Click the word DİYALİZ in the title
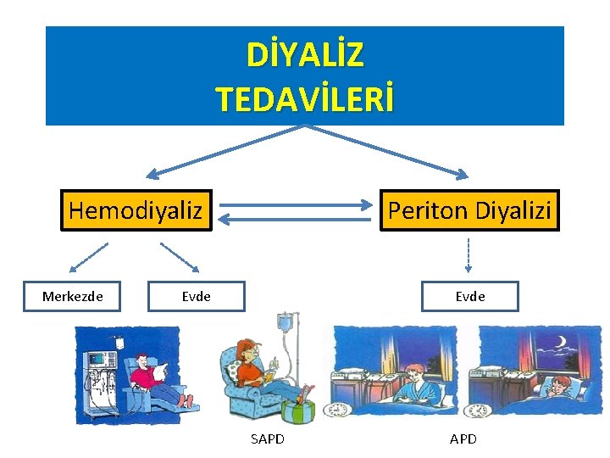[305, 55]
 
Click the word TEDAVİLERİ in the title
[305, 98]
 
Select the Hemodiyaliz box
[136, 209]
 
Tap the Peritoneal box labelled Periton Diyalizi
[469, 209]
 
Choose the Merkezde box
[72, 296]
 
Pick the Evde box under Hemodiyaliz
[196, 296]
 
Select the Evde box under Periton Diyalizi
[469, 296]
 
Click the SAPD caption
[268, 438]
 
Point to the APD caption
[463, 438]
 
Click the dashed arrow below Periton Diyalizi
[469, 255]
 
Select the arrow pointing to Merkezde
[89, 257]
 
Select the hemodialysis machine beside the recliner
[100, 373]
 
